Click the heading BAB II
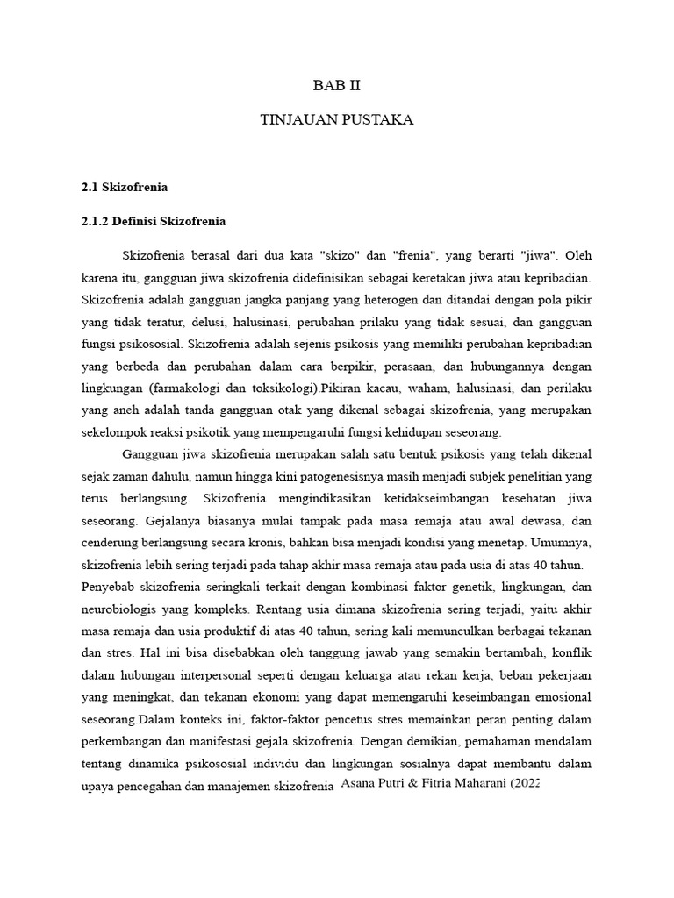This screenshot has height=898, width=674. (337, 86)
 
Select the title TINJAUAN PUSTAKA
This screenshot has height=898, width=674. (337, 120)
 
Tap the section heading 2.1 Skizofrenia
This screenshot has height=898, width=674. (124, 187)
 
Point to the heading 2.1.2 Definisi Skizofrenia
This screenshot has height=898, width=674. (154, 221)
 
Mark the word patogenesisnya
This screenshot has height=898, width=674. (349, 476)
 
